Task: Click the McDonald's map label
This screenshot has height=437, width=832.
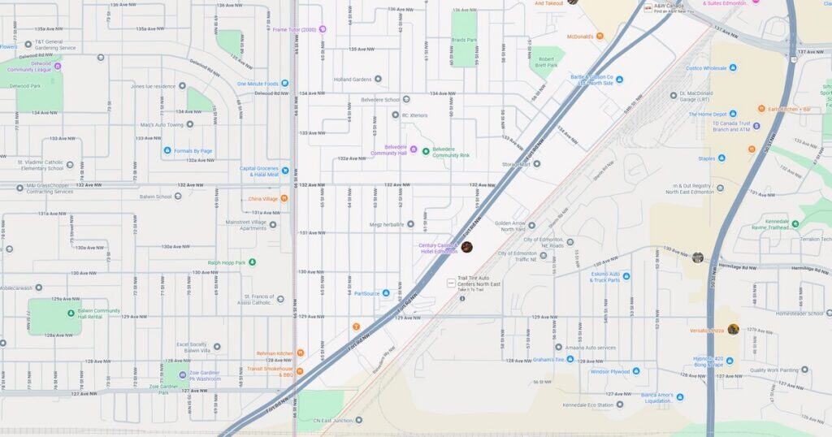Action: pyautogui.click(x=574, y=36)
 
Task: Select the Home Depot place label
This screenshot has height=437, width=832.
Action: pyautogui.click(x=713, y=115)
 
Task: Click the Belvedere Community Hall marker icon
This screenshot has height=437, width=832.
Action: pyautogui.click(x=413, y=149)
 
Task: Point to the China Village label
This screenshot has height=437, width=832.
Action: pyautogui.click(x=263, y=198)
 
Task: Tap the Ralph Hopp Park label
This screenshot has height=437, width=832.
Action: pyautogui.click(x=226, y=262)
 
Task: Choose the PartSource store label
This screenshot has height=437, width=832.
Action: pyautogui.click(x=367, y=293)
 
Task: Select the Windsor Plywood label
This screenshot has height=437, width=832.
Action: pyautogui.click(x=610, y=371)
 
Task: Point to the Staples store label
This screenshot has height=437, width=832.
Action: pyautogui.click(x=706, y=158)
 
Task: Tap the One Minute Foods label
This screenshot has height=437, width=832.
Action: pyautogui.click(x=258, y=84)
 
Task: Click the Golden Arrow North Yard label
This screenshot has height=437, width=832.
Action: pyautogui.click(x=510, y=226)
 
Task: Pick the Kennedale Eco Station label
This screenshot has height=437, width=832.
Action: pyautogui.click(x=588, y=405)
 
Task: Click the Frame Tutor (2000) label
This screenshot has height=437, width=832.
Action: pyautogui.click(x=294, y=29)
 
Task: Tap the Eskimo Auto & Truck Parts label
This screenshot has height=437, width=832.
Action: pyautogui.click(x=605, y=277)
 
